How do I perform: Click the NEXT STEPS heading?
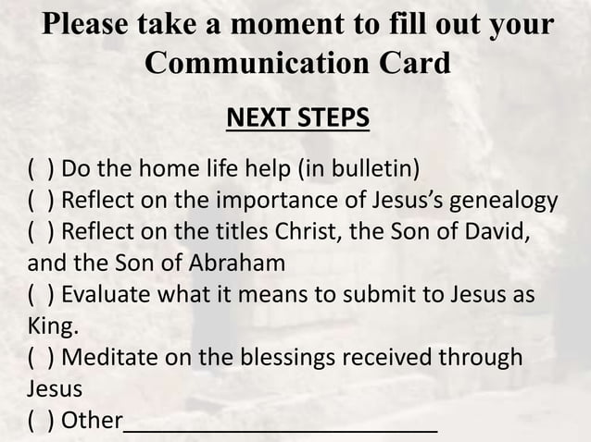point(297,119)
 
